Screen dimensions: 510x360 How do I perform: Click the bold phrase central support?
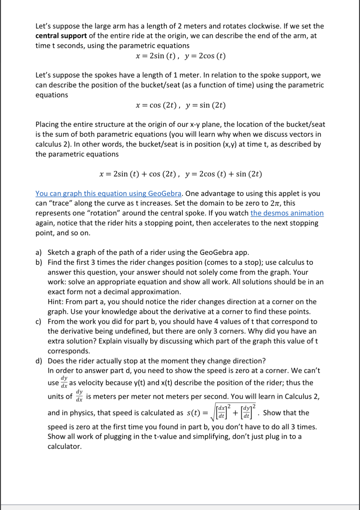61,36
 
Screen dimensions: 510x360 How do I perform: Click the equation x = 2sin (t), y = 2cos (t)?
180,56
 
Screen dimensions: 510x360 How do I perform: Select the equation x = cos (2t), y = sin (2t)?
180,105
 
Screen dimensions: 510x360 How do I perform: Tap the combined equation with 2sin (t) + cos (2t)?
180,174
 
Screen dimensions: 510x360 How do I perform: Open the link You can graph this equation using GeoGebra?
108,193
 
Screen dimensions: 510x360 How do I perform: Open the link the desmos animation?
287,213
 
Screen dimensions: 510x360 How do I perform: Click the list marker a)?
39,253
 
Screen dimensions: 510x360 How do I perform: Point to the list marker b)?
39,263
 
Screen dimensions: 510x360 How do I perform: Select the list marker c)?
39,322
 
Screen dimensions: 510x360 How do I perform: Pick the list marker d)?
39,361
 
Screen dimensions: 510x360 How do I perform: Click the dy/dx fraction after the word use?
64,382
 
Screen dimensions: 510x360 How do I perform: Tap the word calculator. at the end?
65,446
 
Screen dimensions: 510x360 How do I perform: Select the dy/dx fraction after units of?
79,396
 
